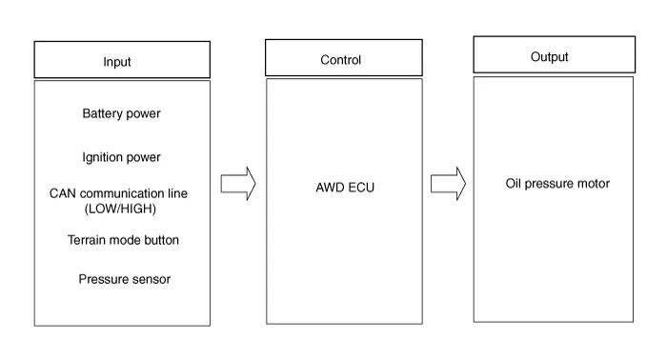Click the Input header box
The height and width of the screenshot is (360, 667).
point(122,60)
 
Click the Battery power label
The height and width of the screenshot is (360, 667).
point(122,114)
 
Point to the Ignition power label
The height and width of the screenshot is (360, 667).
point(122,157)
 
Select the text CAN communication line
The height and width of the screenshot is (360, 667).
point(119,193)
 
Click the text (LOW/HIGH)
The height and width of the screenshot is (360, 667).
point(120,208)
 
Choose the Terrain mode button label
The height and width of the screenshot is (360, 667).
point(123,240)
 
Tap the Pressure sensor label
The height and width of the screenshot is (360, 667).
point(125,279)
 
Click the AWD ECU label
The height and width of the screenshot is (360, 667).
point(345,188)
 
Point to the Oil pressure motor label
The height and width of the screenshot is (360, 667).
point(557,183)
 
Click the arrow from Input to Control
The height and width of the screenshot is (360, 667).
point(238,183)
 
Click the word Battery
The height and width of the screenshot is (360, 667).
point(102,114)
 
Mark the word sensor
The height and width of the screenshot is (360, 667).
point(151,279)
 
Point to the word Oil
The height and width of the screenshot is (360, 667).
point(515,183)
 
